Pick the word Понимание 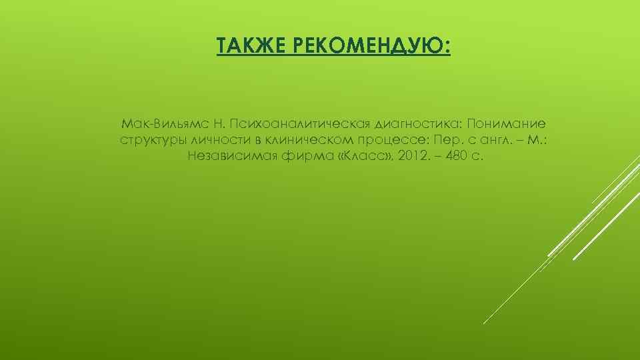507,124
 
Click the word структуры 152,141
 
